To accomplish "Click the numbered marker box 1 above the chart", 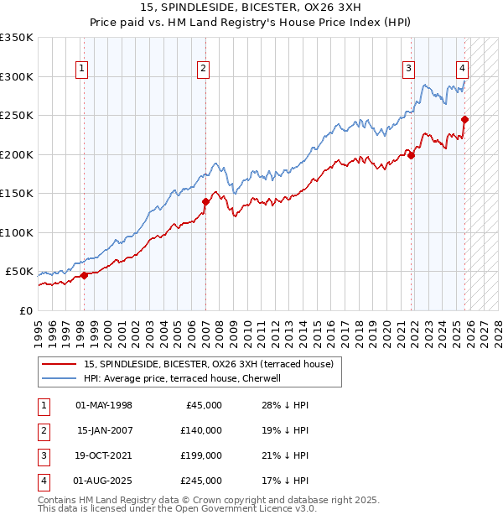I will click(82, 70).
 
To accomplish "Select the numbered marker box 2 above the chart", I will click(204, 70).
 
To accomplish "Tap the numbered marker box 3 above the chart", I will click(408, 70).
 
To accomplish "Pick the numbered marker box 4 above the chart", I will click(462, 70).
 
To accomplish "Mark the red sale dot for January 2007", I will click(205, 201).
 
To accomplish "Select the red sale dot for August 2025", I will click(464, 119).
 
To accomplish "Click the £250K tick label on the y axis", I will click(17, 116).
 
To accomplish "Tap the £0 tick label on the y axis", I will click(25, 311).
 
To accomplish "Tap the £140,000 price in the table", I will click(201, 430).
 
